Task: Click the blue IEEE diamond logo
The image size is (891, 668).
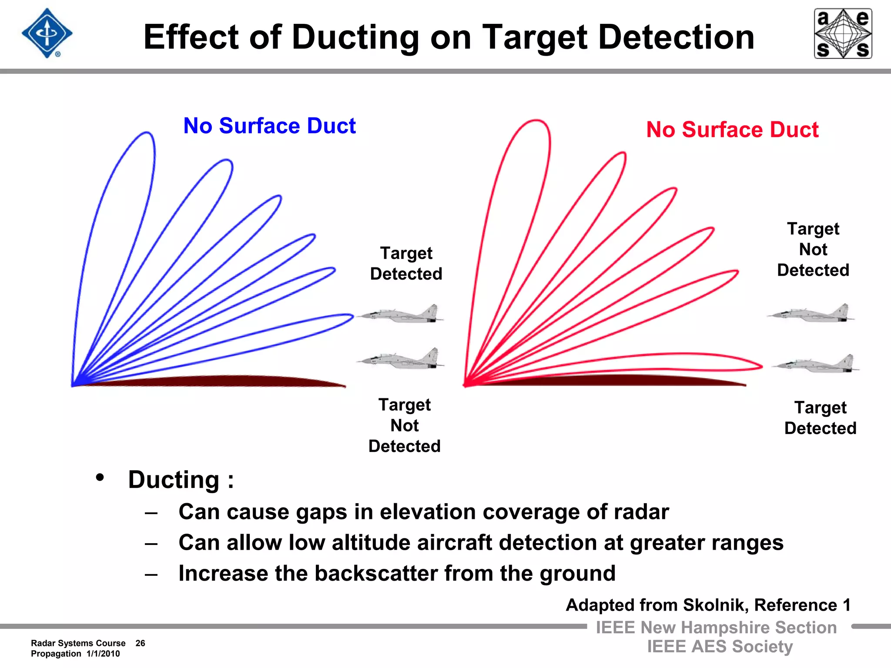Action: pos(47,33)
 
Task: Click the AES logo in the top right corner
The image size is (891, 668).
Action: pos(843,33)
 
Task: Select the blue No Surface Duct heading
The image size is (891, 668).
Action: pos(269,126)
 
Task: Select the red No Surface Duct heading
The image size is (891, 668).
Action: pos(732,130)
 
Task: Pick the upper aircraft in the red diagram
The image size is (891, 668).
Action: pos(811,314)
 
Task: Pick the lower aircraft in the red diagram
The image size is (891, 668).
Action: pos(816,364)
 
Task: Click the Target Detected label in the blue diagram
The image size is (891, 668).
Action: pos(406,264)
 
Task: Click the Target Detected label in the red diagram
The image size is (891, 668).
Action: pos(820,418)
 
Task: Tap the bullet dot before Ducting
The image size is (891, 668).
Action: pos(100,478)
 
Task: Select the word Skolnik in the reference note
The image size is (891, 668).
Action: pos(716,605)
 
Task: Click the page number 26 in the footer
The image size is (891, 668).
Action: pos(140,643)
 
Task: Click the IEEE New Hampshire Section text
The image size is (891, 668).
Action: pos(716,628)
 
